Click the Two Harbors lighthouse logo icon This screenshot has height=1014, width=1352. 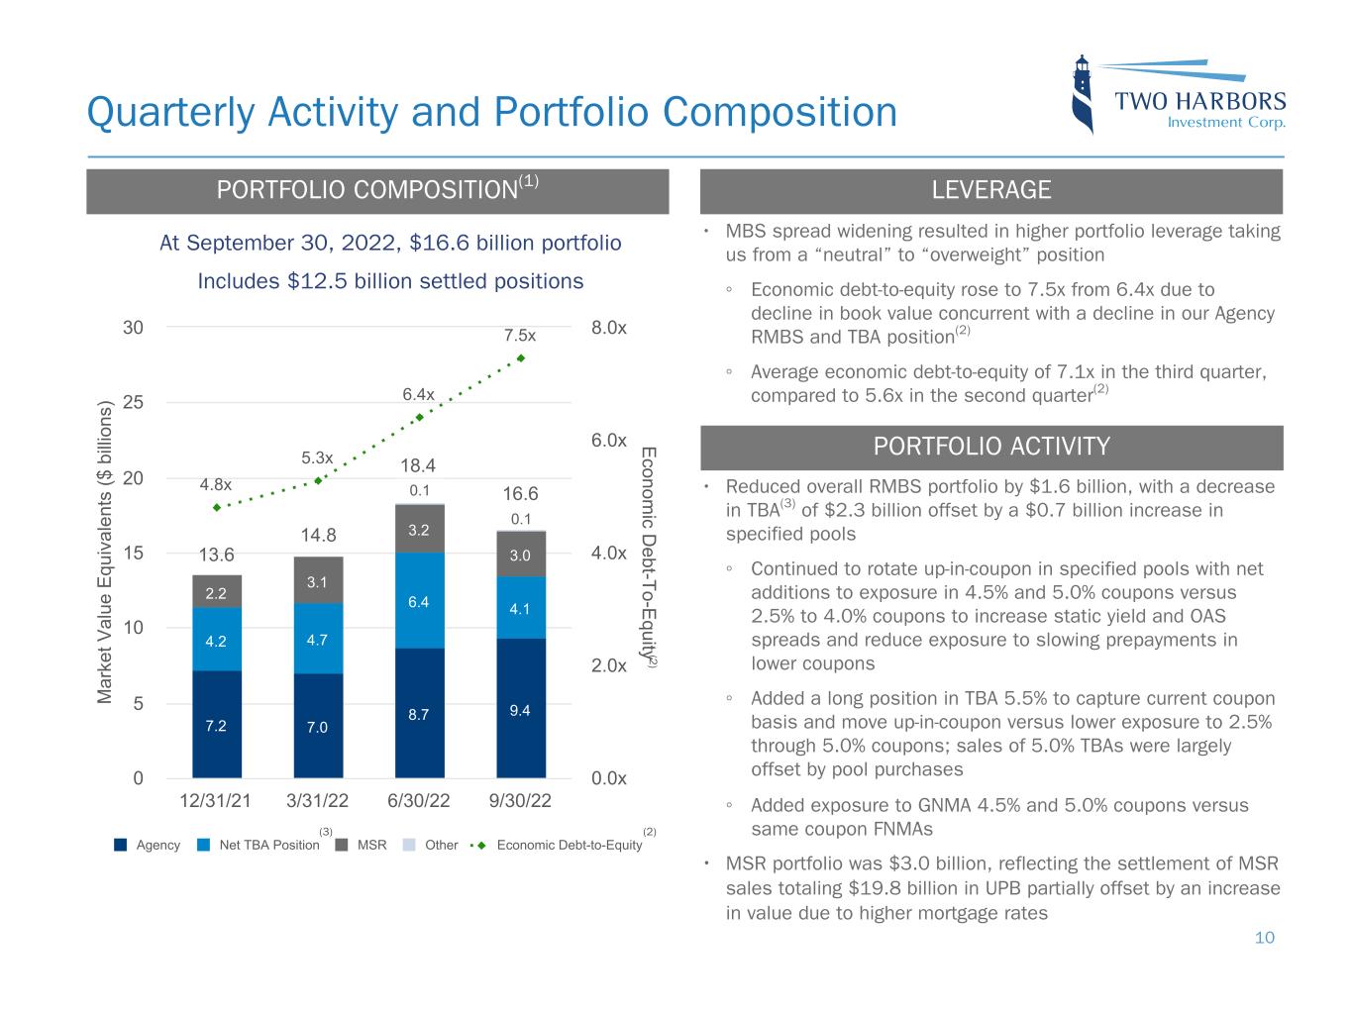[x=1085, y=94]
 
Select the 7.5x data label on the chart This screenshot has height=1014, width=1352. [x=520, y=336]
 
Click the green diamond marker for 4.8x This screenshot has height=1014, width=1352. [x=217, y=507]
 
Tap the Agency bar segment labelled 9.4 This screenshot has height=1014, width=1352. [x=520, y=708]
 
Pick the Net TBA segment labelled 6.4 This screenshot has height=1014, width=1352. [x=419, y=600]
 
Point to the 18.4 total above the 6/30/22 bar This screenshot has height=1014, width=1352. [x=418, y=465]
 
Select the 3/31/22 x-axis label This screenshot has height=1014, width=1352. [x=318, y=802]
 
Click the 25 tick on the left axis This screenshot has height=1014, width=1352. [x=133, y=402]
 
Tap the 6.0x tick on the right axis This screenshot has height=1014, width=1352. [x=609, y=440]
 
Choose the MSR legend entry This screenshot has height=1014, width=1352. [x=363, y=845]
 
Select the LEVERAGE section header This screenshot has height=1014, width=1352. [x=990, y=191]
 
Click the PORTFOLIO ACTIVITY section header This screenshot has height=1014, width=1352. [x=990, y=447]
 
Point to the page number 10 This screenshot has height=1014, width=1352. [x=1265, y=938]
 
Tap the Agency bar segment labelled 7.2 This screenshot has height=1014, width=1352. [x=217, y=725]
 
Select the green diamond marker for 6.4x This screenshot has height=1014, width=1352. [x=419, y=417]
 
